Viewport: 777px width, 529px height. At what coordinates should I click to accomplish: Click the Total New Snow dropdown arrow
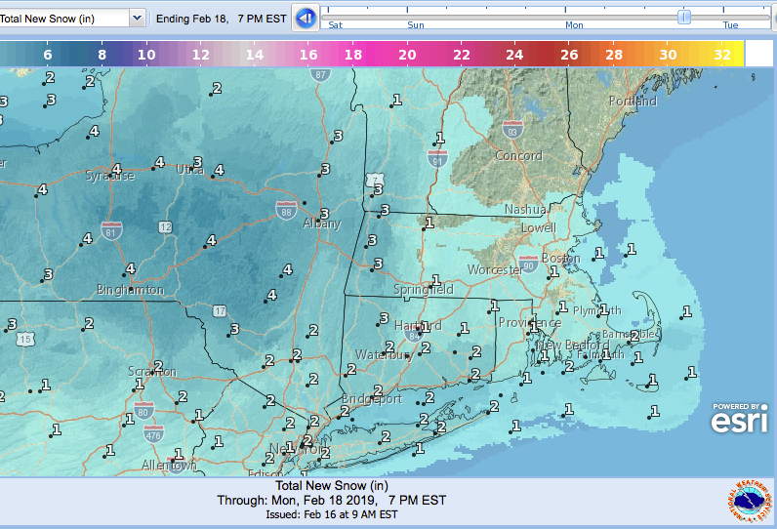[137, 18]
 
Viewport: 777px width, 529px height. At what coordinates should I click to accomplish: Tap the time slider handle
[684, 17]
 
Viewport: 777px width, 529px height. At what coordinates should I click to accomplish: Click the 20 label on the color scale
[407, 56]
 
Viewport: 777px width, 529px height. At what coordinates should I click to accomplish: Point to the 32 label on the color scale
[722, 56]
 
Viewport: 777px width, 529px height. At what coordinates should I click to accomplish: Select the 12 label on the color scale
[200, 56]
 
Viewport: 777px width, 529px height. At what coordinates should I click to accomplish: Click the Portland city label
[633, 102]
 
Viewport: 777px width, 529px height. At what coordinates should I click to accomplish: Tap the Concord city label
[517, 156]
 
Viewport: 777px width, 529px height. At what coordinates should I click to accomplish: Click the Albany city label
[321, 224]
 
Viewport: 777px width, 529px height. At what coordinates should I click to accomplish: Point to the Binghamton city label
[130, 290]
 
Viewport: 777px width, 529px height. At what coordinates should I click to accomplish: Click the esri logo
[738, 419]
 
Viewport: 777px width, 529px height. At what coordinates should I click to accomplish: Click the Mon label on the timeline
[575, 25]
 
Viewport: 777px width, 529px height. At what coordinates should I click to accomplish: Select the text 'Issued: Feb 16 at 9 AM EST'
[332, 514]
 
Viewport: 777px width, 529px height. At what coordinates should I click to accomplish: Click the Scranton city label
[151, 372]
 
